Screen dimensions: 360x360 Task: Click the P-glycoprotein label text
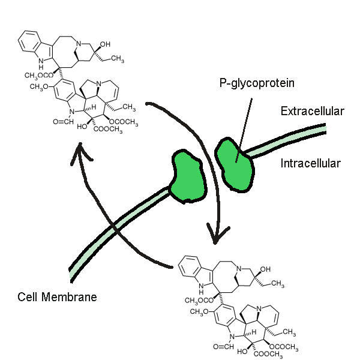(256, 84)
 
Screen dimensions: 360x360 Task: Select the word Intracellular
(310, 163)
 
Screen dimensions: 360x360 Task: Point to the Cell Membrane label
(57, 297)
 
